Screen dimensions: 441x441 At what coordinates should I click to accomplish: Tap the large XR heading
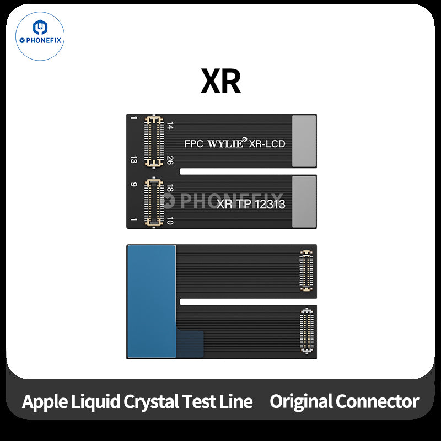pos(220,82)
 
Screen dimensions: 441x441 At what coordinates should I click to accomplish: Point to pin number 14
pos(170,127)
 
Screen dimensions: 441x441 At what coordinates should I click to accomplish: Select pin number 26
pos(170,160)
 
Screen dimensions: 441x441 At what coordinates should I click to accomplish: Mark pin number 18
pos(170,189)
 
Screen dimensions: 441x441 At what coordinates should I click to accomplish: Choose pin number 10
pos(170,220)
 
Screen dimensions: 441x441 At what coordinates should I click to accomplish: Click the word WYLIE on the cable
pos(224,144)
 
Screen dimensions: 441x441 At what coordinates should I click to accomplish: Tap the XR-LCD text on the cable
pos(267,144)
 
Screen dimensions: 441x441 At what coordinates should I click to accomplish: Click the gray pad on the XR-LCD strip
pos(304,141)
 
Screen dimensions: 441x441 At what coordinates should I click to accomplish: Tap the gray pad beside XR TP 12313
pos(304,201)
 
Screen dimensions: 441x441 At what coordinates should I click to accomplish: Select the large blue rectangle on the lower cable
pos(151,300)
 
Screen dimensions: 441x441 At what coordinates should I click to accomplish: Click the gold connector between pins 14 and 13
pos(153,142)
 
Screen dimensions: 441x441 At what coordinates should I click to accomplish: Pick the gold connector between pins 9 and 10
pos(153,202)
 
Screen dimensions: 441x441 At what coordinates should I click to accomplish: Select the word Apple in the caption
pos(44,401)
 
